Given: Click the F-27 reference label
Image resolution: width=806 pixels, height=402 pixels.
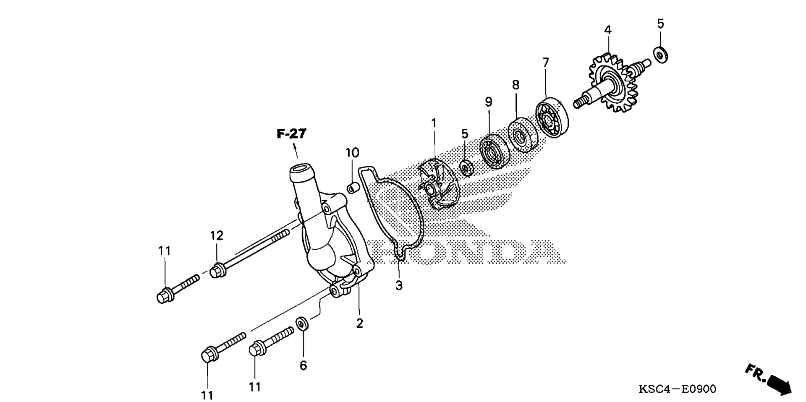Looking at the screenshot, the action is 291,134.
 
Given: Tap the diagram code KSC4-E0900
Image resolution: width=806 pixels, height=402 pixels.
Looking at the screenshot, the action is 677,389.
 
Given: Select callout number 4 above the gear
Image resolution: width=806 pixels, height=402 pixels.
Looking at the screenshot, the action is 608,30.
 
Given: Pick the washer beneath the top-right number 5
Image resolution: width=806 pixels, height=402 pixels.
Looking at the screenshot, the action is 661,55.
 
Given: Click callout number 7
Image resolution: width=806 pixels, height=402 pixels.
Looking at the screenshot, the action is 546,63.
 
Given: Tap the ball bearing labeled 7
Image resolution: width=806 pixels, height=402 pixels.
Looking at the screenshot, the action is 552,118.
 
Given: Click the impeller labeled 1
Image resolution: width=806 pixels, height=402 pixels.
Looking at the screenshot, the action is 439,185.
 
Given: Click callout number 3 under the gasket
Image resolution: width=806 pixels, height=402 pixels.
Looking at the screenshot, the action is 399,285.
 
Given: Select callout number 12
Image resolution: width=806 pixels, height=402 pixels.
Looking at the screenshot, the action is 217,236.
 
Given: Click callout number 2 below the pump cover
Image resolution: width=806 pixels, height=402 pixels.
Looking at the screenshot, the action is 359,324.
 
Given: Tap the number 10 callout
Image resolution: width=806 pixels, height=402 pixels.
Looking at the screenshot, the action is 353,152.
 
